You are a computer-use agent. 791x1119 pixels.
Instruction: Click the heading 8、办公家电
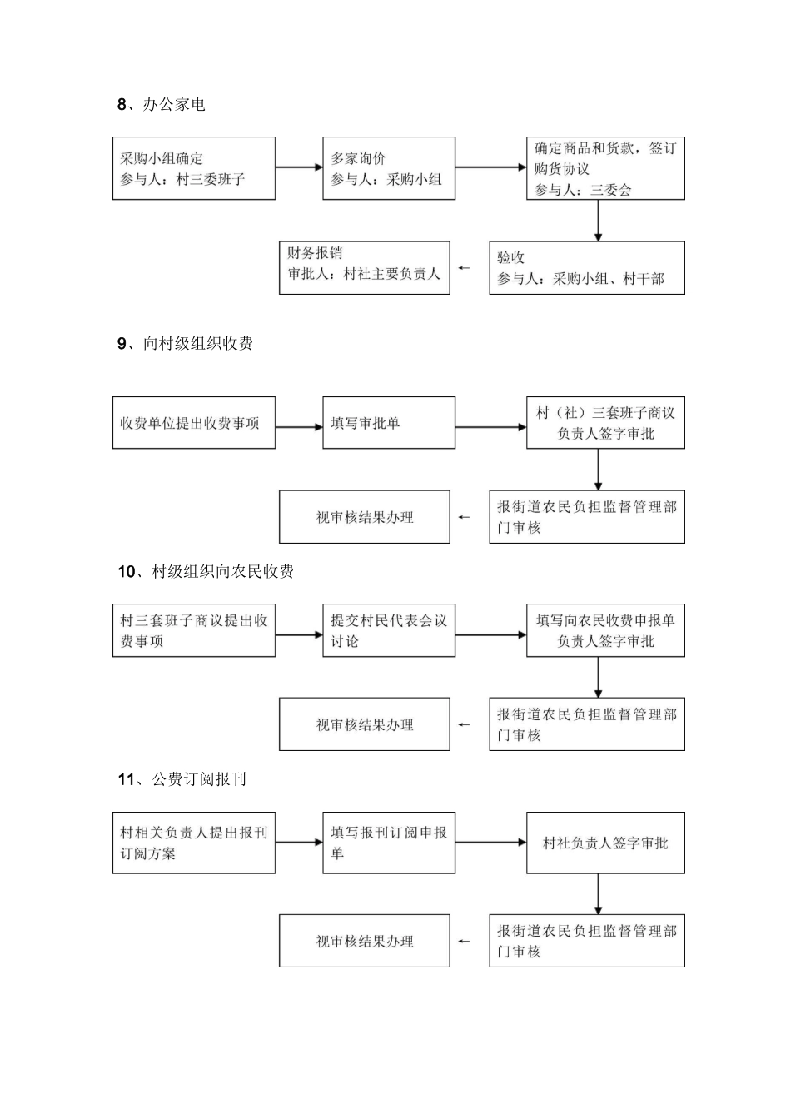(x=161, y=105)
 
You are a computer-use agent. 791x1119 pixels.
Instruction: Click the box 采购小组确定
(x=193, y=168)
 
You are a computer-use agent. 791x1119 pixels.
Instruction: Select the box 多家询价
(x=388, y=168)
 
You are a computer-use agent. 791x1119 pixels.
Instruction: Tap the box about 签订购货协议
(x=604, y=168)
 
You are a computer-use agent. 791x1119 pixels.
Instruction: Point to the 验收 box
(x=586, y=268)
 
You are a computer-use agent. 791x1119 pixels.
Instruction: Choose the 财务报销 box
(x=364, y=268)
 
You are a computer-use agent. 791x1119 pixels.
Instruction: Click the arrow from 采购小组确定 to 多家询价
(x=298, y=167)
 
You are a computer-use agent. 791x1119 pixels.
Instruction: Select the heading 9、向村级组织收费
(x=185, y=344)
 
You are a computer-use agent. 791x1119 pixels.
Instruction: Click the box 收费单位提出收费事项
(x=193, y=423)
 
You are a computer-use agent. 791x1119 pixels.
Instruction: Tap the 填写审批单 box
(x=388, y=423)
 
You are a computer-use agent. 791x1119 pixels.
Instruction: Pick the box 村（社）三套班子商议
(x=604, y=423)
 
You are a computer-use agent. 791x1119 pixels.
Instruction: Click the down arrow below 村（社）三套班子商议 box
(x=598, y=470)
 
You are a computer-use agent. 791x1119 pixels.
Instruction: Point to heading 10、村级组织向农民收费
(x=205, y=572)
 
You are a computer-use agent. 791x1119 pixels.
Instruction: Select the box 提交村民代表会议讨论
(x=388, y=631)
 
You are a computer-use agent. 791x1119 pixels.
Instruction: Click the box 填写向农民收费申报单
(x=604, y=631)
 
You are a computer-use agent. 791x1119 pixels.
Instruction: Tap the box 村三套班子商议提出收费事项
(x=193, y=631)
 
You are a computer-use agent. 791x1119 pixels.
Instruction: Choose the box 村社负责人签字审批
(x=604, y=843)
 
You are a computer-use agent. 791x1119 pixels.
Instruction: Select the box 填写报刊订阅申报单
(x=388, y=843)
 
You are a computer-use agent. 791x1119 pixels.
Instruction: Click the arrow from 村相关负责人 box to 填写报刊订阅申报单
(x=298, y=843)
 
